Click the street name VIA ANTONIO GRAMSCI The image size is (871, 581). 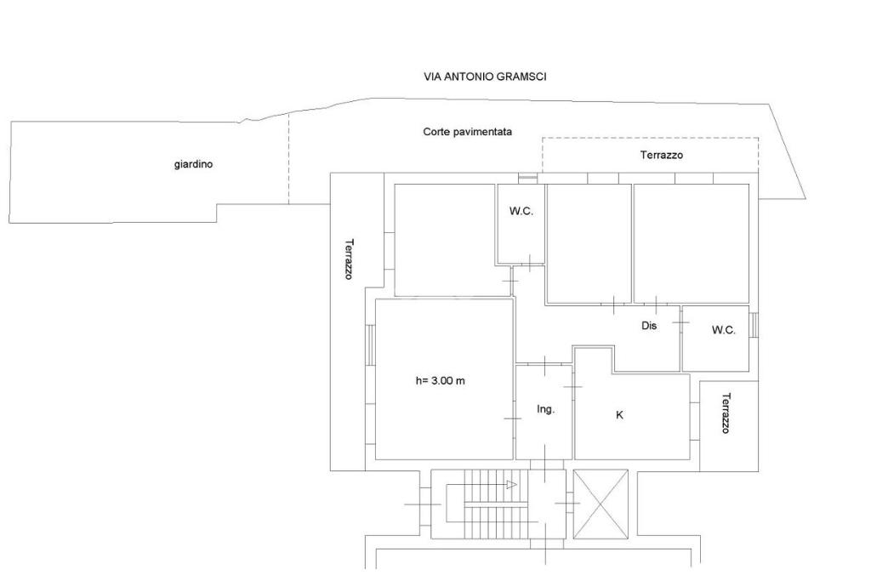click(485, 77)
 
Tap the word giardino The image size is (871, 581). click(193, 164)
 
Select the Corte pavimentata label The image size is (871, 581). click(467, 132)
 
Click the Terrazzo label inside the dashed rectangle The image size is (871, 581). click(661, 155)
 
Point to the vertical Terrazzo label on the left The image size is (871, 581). click(349, 259)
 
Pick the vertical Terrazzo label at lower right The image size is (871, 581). click(726, 413)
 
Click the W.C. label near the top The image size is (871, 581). click(521, 211)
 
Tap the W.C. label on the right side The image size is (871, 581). click(723, 330)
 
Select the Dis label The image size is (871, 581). click(649, 325)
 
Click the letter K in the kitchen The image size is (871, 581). click(619, 415)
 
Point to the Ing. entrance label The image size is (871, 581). click(545, 409)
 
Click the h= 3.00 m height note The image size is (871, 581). click(440, 380)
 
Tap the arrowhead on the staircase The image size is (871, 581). click(511, 485)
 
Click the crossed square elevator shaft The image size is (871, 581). click(601, 504)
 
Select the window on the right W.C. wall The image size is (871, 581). click(754, 325)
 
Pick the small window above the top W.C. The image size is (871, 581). click(527, 179)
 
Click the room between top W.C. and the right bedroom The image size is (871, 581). click(589, 243)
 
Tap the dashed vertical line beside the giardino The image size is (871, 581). click(288, 162)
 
